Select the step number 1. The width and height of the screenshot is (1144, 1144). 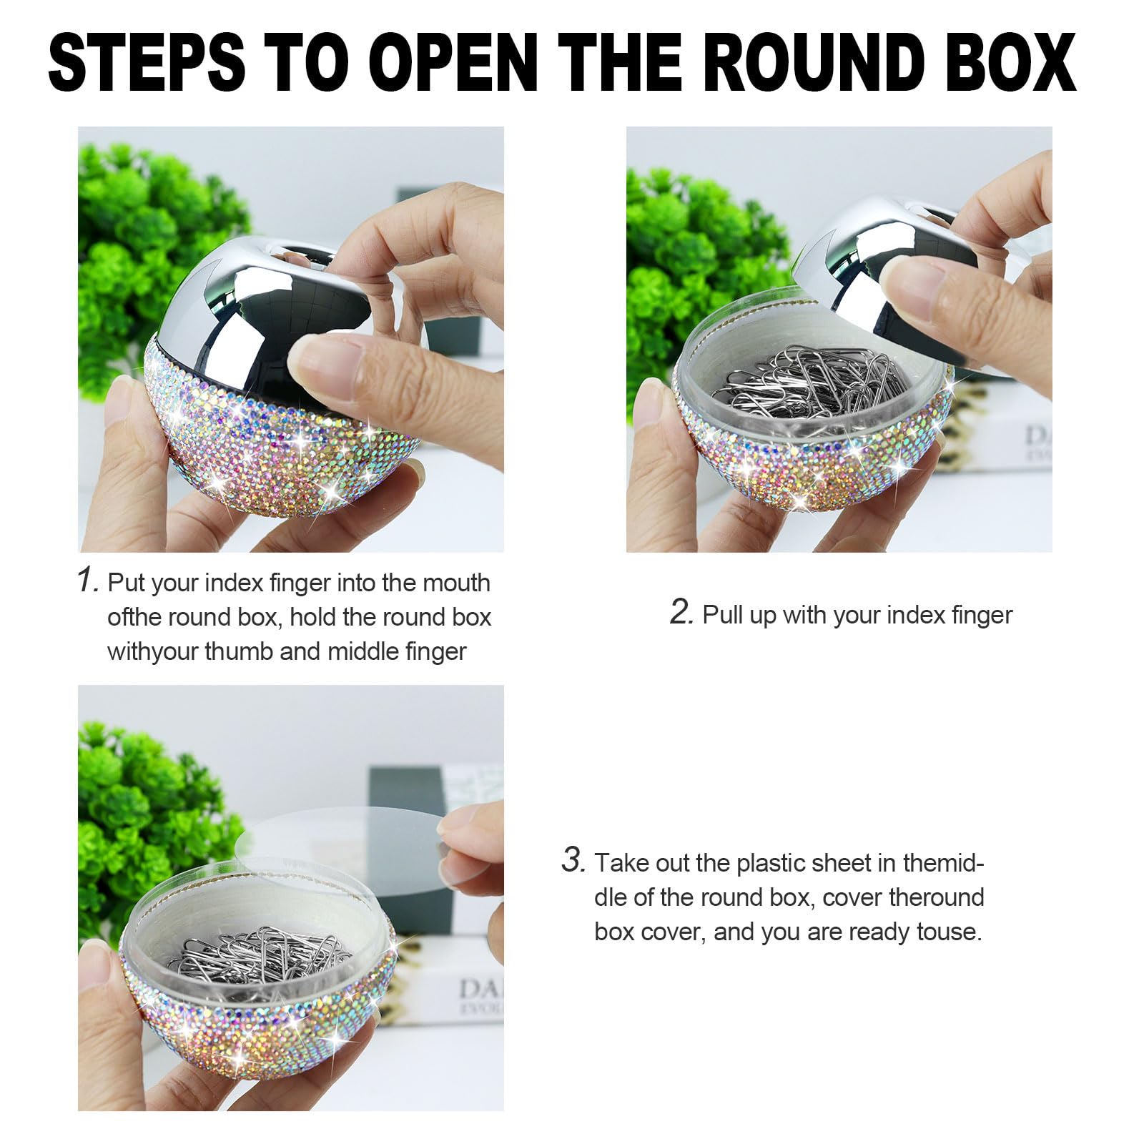(87, 580)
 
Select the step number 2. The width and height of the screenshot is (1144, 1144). (681, 612)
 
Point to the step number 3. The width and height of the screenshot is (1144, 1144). (573, 859)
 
